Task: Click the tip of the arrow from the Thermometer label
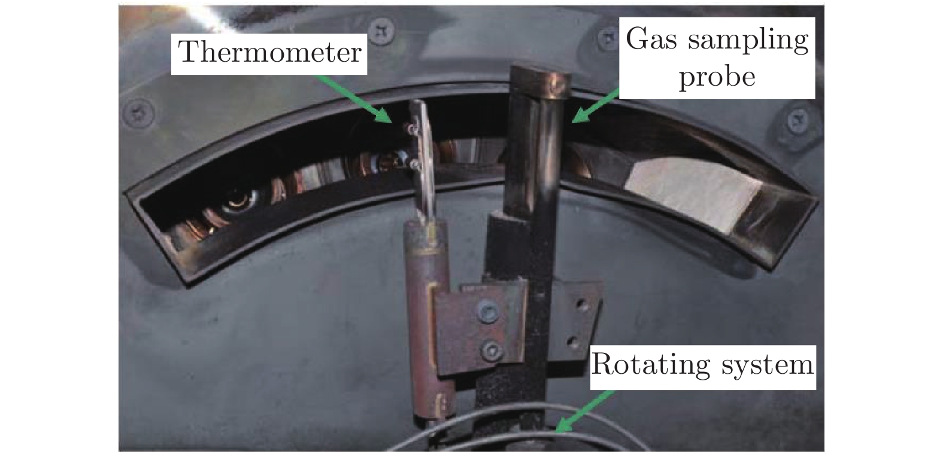tap(392, 123)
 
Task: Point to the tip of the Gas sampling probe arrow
tap(572, 122)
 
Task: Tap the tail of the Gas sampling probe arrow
tap(619, 90)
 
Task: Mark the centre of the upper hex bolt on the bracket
tap(489, 312)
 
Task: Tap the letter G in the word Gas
tap(640, 39)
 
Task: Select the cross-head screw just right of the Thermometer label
tap(382, 31)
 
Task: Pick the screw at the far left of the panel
tap(138, 113)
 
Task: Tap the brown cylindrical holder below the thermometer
tap(426, 320)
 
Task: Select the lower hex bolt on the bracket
tap(492, 351)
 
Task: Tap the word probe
tap(717, 78)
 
